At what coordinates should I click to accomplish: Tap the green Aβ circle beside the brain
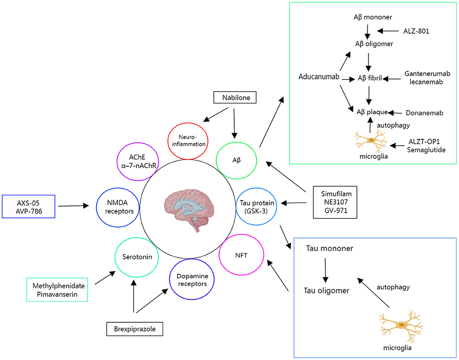pos(236,160)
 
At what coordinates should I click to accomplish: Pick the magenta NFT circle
pos(239,255)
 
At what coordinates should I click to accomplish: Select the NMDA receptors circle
pos(116,206)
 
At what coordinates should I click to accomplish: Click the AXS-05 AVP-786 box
pos(28,206)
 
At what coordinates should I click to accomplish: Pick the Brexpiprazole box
pos(134,329)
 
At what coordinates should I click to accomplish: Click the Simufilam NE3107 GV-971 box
pos(335,202)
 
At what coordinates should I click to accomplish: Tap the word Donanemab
pos(424,113)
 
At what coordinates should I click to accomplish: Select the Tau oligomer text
pos(327,290)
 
